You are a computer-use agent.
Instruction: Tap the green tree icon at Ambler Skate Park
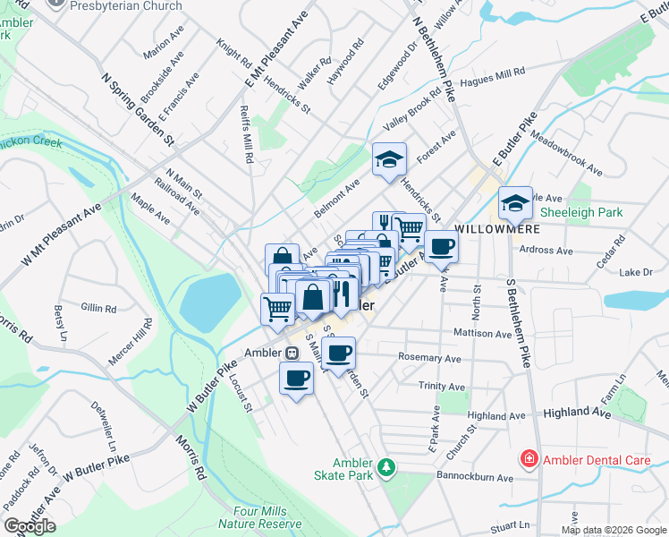point(385,467)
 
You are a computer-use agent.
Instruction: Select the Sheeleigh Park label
point(580,212)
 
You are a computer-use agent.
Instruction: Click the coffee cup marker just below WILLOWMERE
point(441,246)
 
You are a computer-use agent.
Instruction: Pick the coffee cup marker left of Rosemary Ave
point(338,354)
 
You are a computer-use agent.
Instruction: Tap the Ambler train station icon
point(292,352)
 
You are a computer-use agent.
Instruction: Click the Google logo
point(30,526)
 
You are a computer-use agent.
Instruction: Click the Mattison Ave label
point(482,334)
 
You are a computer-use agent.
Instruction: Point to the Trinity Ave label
point(442,387)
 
